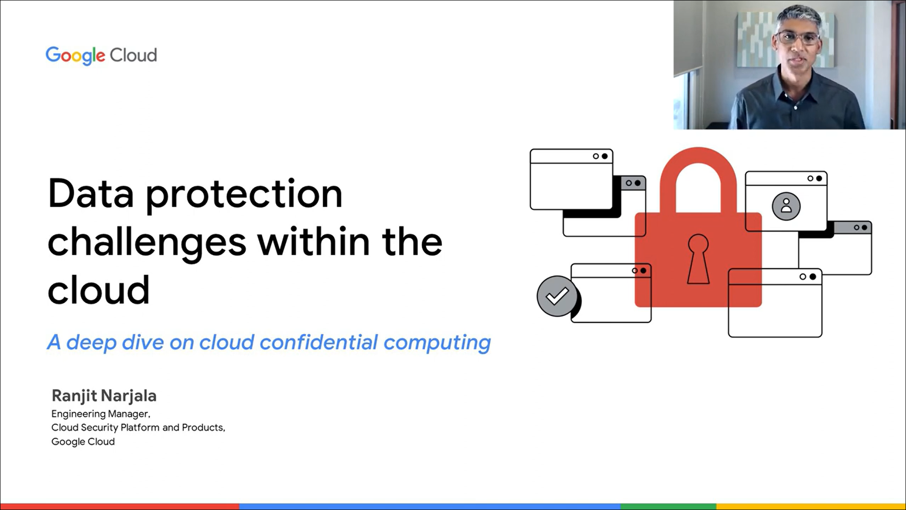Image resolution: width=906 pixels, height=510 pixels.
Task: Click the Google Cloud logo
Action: click(x=101, y=56)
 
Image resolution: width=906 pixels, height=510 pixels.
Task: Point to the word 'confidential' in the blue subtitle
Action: click(x=319, y=342)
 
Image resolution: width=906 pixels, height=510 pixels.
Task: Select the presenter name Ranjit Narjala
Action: click(x=104, y=396)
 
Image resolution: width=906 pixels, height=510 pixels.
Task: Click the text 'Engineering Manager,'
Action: click(x=101, y=414)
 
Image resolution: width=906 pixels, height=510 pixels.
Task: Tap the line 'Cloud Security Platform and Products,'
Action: click(x=138, y=428)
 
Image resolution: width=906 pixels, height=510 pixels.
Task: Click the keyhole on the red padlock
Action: click(x=698, y=259)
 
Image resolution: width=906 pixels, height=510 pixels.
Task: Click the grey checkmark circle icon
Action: click(x=557, y=296)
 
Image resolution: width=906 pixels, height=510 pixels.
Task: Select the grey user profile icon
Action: click(x=786, y=206)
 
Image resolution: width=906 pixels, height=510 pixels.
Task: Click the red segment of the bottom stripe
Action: click(x=120, y=507)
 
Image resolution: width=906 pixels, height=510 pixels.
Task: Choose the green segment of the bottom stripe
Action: click(x=668, y=507)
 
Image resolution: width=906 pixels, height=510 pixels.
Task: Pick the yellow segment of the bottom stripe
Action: click(x=811, y=507)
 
